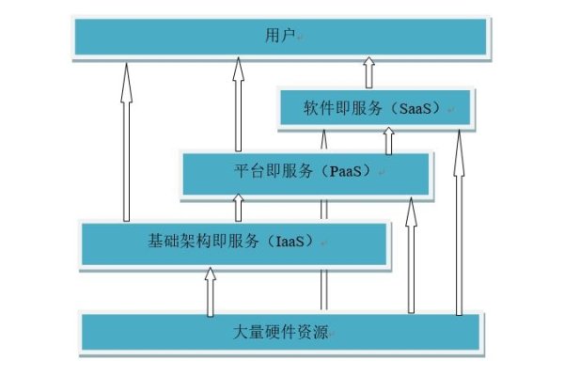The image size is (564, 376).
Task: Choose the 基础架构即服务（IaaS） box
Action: coord(235,243)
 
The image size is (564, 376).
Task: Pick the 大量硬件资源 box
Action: coord(281,333)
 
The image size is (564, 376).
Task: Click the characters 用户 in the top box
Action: coord(279,36)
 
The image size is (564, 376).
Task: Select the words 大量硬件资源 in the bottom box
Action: coord(281,333)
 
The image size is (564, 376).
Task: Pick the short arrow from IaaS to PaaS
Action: coord(238,209)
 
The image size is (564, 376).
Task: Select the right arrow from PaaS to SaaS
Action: coord(387,141)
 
